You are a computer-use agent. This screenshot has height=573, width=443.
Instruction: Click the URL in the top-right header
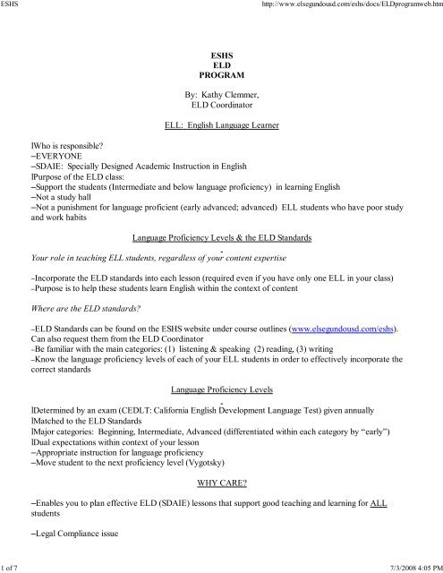pyautogui.click(x=347, y=7)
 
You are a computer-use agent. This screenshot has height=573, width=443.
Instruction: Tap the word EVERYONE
pyautogui.click(x=59, y=155)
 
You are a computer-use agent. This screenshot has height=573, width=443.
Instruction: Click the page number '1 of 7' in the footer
pyautogui.click(x=13, y=567)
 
